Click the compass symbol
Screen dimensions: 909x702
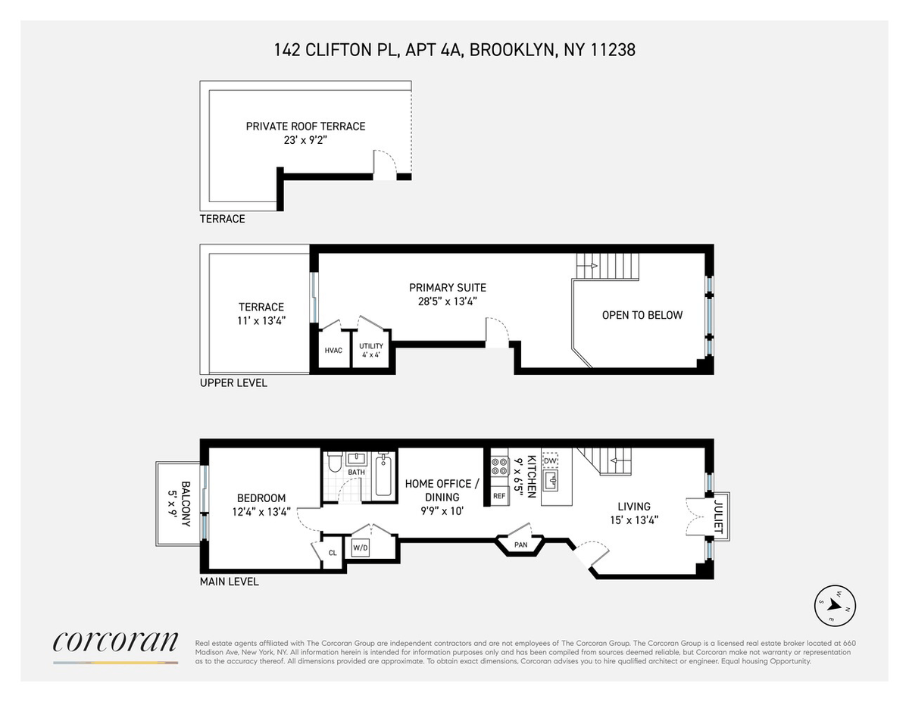click(x=835, y=606)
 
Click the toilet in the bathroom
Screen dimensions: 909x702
click(x=335, y=461)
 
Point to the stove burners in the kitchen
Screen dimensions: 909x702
click(x=499, y=466)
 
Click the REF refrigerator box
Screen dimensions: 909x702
click(x=499, y=496)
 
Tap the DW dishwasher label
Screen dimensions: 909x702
click(x=550, y=460)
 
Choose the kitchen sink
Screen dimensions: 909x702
click(x=550, y=480)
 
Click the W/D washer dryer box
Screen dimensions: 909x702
click(x=360, y=548)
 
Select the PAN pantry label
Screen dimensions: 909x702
click(x=521, y=544)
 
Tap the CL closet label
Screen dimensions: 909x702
click(x=333, y=553)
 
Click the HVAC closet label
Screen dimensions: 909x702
click(x=333, y=351)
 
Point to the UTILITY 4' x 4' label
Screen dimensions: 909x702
click(x=371, y=351)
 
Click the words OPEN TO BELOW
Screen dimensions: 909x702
click(x=642, y=315)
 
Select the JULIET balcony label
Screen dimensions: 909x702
click(x=718, y=516)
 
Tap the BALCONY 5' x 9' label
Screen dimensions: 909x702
click(x=180, y=504)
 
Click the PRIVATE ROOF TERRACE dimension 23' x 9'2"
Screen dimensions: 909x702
click(x=305, y=140)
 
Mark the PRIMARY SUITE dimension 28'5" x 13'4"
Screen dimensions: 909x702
click(x=448, y=301)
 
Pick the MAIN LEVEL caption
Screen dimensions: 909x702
click(x=230, y=582)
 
